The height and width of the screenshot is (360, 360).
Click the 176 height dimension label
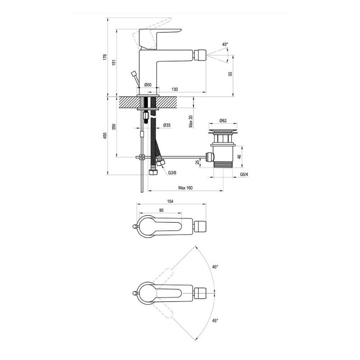[105, 57]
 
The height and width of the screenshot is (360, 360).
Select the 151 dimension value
[114, 63]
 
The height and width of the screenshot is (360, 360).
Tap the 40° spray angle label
[225, 44]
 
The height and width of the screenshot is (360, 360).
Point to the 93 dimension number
[230, 74]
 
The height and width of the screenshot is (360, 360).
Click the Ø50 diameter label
[148, 85]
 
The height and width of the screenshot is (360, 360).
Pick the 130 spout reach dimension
[175, 89]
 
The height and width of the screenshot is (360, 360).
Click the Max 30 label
[190, 121]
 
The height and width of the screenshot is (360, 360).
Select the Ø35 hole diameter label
[166, 125]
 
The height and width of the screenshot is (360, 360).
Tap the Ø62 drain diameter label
[223, 120]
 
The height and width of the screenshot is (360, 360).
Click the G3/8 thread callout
[172, 173]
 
